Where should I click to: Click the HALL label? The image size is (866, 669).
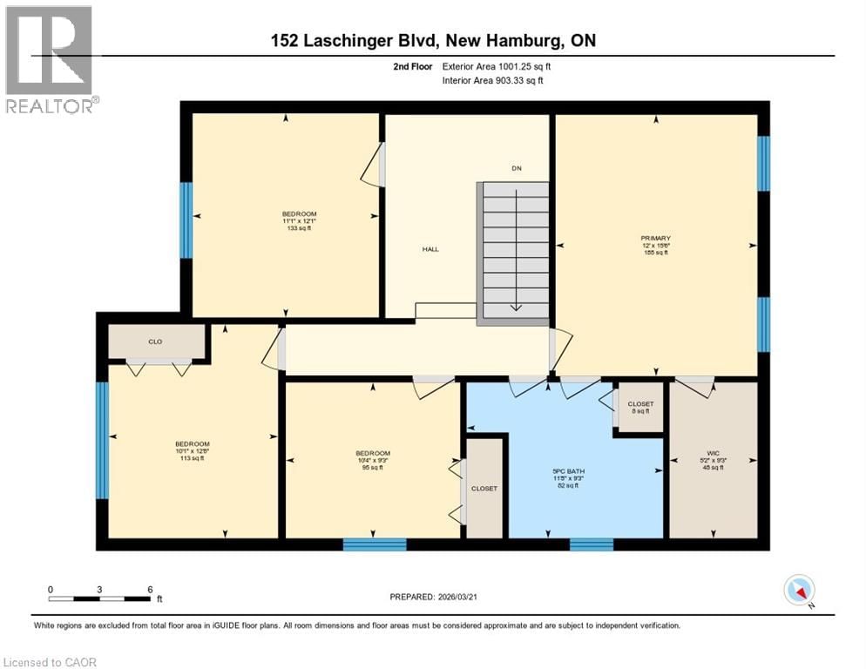430,249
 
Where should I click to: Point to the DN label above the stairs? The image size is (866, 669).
516,168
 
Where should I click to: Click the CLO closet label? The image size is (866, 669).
155,341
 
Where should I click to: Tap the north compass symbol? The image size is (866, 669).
798,590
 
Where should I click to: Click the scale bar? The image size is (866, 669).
101,598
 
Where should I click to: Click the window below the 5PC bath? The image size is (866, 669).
592,544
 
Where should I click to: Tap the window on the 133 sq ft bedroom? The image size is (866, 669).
186,220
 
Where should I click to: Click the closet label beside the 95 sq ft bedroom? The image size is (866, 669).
484,489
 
